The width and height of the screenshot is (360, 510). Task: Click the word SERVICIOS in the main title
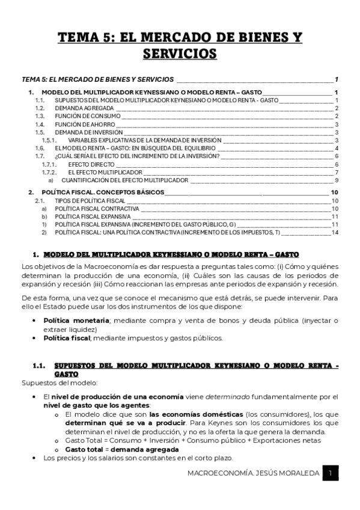point(180,54)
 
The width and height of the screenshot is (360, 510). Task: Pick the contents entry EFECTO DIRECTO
point(90,164)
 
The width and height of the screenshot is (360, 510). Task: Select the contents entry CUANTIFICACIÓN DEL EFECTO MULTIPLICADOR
point(125,180)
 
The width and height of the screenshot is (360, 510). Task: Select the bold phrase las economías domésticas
point(196,414)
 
